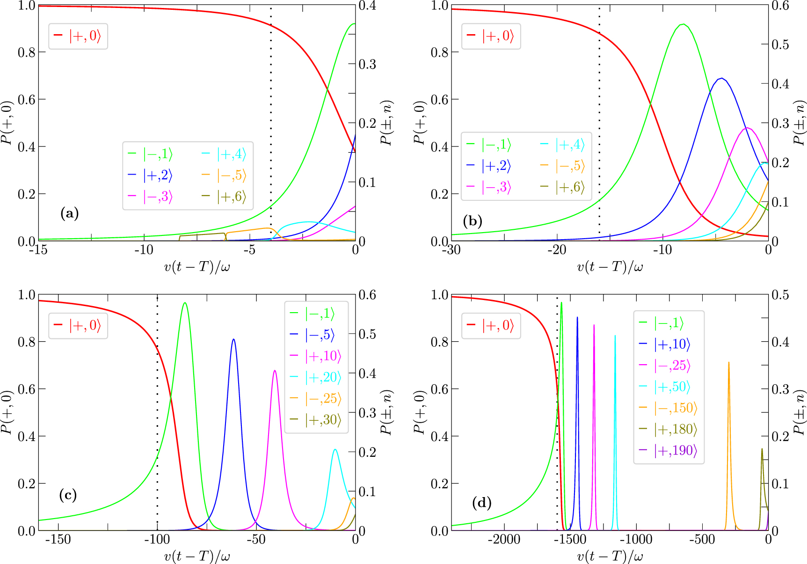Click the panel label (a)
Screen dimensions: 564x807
pos(70,214)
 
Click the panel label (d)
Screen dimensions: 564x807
pos(482,503)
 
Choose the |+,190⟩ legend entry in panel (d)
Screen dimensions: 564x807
pos(669,450)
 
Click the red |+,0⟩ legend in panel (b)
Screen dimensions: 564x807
pos(491,36)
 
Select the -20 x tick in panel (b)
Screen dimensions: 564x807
pos(556,250)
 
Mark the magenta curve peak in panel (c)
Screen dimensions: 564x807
pos(275,371)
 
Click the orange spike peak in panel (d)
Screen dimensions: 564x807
pos(728,362)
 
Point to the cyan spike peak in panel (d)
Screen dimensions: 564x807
pos(615,336)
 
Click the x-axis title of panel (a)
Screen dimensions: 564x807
pos(197,267)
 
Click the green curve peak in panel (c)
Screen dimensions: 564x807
pos(185,303)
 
